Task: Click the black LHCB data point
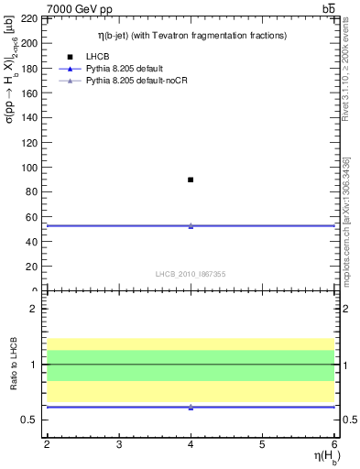point(191,180)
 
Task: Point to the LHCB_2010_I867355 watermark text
point(190,273)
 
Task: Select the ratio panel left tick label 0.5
point(31,420)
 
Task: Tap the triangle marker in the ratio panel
point(191,407)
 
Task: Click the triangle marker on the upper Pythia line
point(191,225)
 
